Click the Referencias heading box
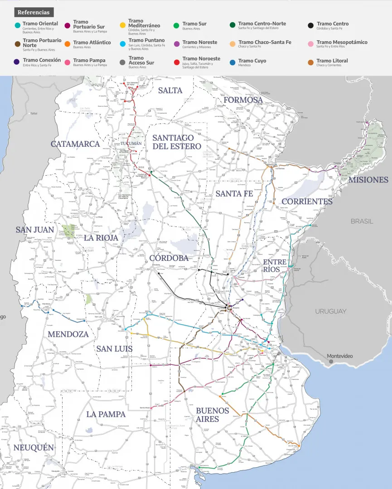coord(34,12)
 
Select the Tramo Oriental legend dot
coord(17,25)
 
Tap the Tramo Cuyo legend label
coord(252,61)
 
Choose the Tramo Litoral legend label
coord(332,61)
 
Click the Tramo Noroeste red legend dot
coord(177,61)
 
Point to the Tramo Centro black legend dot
coord(310,25)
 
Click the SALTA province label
coord(170,90)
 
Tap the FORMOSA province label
coord(243,100)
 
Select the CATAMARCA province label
coord(75,144)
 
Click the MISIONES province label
coord(368,180)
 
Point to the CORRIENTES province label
coord(307,201)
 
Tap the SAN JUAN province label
coord(35,230)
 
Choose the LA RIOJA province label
coord(101,238)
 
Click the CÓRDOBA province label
coord(169,258)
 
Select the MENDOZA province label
coord(68,334)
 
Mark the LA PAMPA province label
coord(106,414)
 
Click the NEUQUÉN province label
coord(34,448)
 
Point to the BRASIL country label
coord(362,221)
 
